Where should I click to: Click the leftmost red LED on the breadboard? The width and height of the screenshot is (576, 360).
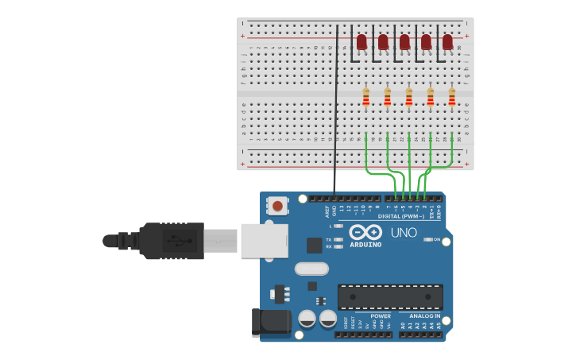(361, 41)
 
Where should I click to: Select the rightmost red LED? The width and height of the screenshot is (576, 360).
(447, 41)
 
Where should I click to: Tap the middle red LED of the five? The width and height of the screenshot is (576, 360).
(404, 41)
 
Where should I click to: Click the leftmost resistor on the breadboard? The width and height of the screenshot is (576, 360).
(365, 97)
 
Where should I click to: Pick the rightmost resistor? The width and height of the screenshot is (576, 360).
(451, 97)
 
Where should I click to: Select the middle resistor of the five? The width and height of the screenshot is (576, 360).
(408, 97)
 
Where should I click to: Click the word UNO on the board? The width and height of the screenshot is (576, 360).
(404, 232)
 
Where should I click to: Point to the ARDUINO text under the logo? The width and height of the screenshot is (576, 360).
(365, 244)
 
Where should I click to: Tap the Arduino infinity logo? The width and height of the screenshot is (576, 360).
(365, 232)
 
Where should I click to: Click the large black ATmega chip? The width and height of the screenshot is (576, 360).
(390, 296)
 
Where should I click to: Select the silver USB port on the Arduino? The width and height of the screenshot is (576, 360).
(264, 240)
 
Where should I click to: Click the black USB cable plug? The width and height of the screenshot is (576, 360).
(171, 240)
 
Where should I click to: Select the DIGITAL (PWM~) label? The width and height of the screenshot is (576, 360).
(400, 216)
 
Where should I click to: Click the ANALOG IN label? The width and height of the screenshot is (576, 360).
(419, 315)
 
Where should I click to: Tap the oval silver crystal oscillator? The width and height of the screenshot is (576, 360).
(311, 269)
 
